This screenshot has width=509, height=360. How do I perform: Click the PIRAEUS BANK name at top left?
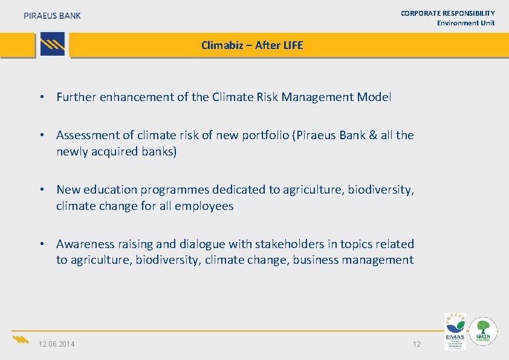pos(52,16)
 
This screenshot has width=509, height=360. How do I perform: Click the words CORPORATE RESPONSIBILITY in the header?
pos(448,13)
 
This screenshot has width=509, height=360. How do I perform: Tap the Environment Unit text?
pos(465,23)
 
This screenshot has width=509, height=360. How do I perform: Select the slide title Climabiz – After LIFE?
pos(252,45)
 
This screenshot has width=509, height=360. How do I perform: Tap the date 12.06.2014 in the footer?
pos(57,344)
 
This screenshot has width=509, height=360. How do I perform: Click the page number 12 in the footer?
pos(417,344)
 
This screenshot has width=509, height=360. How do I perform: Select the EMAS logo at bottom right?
pos(455,331)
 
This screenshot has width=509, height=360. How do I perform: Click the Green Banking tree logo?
pos(484,332)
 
